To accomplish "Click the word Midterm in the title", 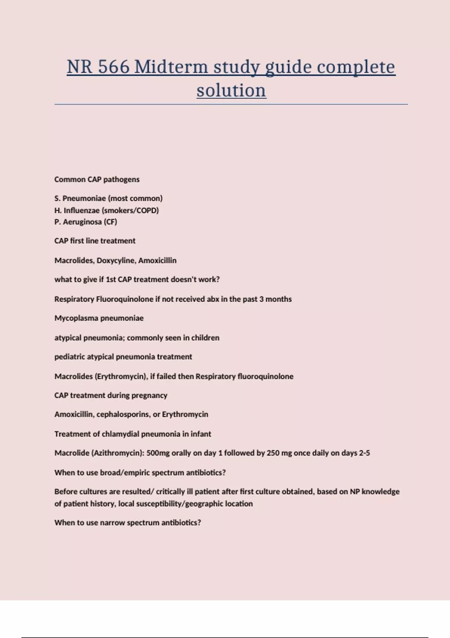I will pyautogui.click(x=171, y=67).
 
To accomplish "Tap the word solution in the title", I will pyautogui.click(x=231, y=90).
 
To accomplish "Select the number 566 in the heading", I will pyautogui.click(x=113, y=67).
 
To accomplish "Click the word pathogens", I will pyautogui.click(x=121, y=179).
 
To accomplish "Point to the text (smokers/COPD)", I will pyautogui.click(x=130, y=210).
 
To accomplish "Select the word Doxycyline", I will pyautogui.click(x=116, y=260).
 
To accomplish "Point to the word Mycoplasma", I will pyautogui.click(x=76, y=318).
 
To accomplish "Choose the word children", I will pyautogui.click(x=205, y=338).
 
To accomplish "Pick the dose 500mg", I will pyautogui.click(x=158, y=453).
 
